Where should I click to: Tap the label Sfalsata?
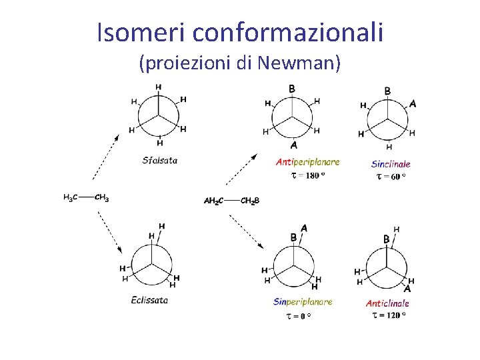pos(160,159)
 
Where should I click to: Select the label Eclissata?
pos(149,299)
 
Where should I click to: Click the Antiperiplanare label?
pos(307,161)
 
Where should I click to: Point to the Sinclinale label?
pos(391,163)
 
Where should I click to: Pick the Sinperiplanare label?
pos(303,301)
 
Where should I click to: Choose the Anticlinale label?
pos(387,303)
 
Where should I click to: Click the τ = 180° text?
pos(308,175)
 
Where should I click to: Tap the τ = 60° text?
pos(391,177)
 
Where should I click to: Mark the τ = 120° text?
pos(389,315)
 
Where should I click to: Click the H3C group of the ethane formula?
pos(70,197)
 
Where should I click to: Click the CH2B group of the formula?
pos(250,200)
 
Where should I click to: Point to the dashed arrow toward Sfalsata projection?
pos(106,156)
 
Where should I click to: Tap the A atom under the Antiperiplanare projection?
pos(294,145)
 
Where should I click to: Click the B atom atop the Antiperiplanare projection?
pos(292,89)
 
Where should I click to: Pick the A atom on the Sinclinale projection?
pos(413,103)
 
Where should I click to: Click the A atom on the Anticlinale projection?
pos(407,289)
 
